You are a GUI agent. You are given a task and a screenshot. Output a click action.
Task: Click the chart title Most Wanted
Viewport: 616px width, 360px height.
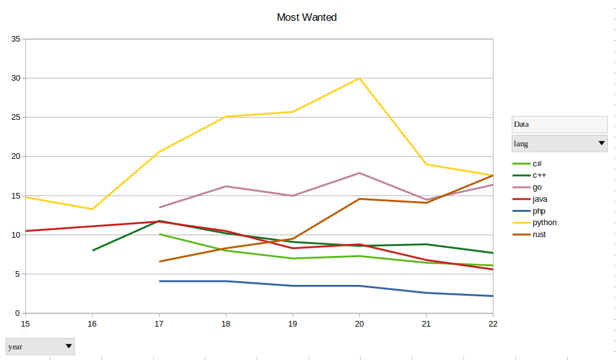tap(306, 18)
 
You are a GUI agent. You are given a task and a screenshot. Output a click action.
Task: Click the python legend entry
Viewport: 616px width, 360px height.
tap(544, 223)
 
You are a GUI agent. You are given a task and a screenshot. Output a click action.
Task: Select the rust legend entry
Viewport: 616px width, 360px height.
tap(539, 235)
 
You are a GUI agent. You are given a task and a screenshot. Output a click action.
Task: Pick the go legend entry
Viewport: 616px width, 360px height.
tap(537, 187)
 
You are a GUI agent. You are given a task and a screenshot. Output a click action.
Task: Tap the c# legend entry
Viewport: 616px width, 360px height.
tap(537, 164)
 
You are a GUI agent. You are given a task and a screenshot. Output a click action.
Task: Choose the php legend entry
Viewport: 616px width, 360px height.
tap(539, 211)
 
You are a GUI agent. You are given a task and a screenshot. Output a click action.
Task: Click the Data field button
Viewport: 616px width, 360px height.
tap(559, 124)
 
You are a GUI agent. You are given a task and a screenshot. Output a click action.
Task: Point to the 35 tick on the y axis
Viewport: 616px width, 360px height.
tap(16, 39)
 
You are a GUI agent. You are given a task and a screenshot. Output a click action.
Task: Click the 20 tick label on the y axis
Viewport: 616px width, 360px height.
tap(16, 156)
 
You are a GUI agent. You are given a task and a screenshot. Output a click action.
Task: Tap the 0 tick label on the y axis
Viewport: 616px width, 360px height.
tap(18, 313)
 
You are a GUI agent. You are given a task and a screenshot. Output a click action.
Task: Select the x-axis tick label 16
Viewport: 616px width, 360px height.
tap(92, 323)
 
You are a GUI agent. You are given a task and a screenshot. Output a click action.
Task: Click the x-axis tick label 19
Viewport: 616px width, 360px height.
tap(293, 323)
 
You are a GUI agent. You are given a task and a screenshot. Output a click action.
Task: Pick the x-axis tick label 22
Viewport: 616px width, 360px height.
tap(493, 323)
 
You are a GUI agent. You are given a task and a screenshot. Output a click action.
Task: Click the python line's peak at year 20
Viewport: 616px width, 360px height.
tap(359, 78)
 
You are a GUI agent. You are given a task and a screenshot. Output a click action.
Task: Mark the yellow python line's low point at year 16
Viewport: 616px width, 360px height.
tap(92, 209)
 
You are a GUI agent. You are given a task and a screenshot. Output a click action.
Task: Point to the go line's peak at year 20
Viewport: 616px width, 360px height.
tap(359, 173)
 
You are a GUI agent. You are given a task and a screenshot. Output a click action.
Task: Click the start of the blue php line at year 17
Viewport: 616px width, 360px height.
tap(159, 281)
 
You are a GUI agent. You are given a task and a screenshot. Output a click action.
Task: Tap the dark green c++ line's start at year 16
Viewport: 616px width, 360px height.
tap(93, 250)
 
